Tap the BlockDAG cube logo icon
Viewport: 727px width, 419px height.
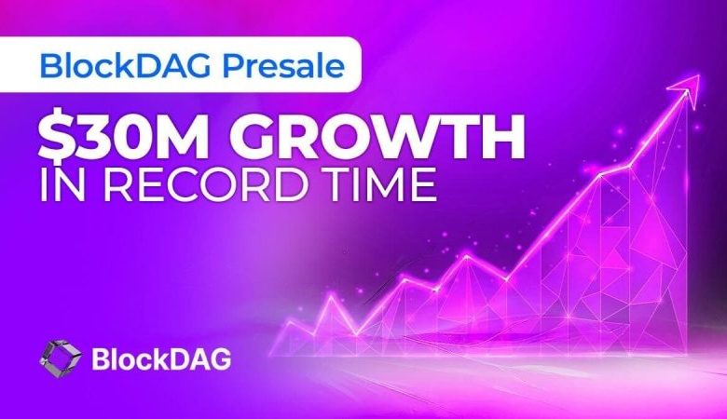[60, 357]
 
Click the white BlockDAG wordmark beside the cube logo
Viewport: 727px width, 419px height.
[161, 358]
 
